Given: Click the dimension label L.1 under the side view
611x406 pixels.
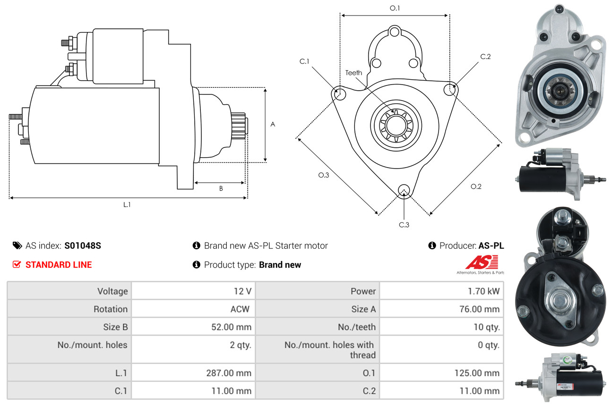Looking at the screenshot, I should click(127, 204).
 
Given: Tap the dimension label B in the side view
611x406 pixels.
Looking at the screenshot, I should click(221, 188).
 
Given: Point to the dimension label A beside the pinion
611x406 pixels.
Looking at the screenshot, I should click(273, 124).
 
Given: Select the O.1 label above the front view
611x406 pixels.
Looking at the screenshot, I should click(395, 8).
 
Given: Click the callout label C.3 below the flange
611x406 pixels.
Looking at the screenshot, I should click(404, 225).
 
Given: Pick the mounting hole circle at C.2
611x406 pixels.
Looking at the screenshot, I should click(450, 89).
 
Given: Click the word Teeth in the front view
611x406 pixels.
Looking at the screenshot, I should click(353, 73).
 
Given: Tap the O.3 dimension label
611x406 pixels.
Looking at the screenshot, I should click(323, 175).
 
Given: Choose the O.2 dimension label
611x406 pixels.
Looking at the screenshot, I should click(476, 186).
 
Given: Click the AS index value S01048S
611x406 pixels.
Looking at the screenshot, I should click(83, 245).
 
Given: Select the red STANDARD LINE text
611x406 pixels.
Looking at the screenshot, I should click(59, 265).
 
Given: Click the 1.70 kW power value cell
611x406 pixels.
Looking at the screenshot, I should click(483, 291).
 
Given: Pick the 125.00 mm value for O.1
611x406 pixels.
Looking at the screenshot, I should click(477, 373).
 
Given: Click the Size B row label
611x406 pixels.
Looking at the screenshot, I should click(115, 327).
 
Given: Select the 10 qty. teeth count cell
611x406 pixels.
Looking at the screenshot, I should click(486, 327).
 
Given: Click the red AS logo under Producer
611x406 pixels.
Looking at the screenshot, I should click(482, 262).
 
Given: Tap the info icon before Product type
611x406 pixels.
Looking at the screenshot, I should click(197, 265).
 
